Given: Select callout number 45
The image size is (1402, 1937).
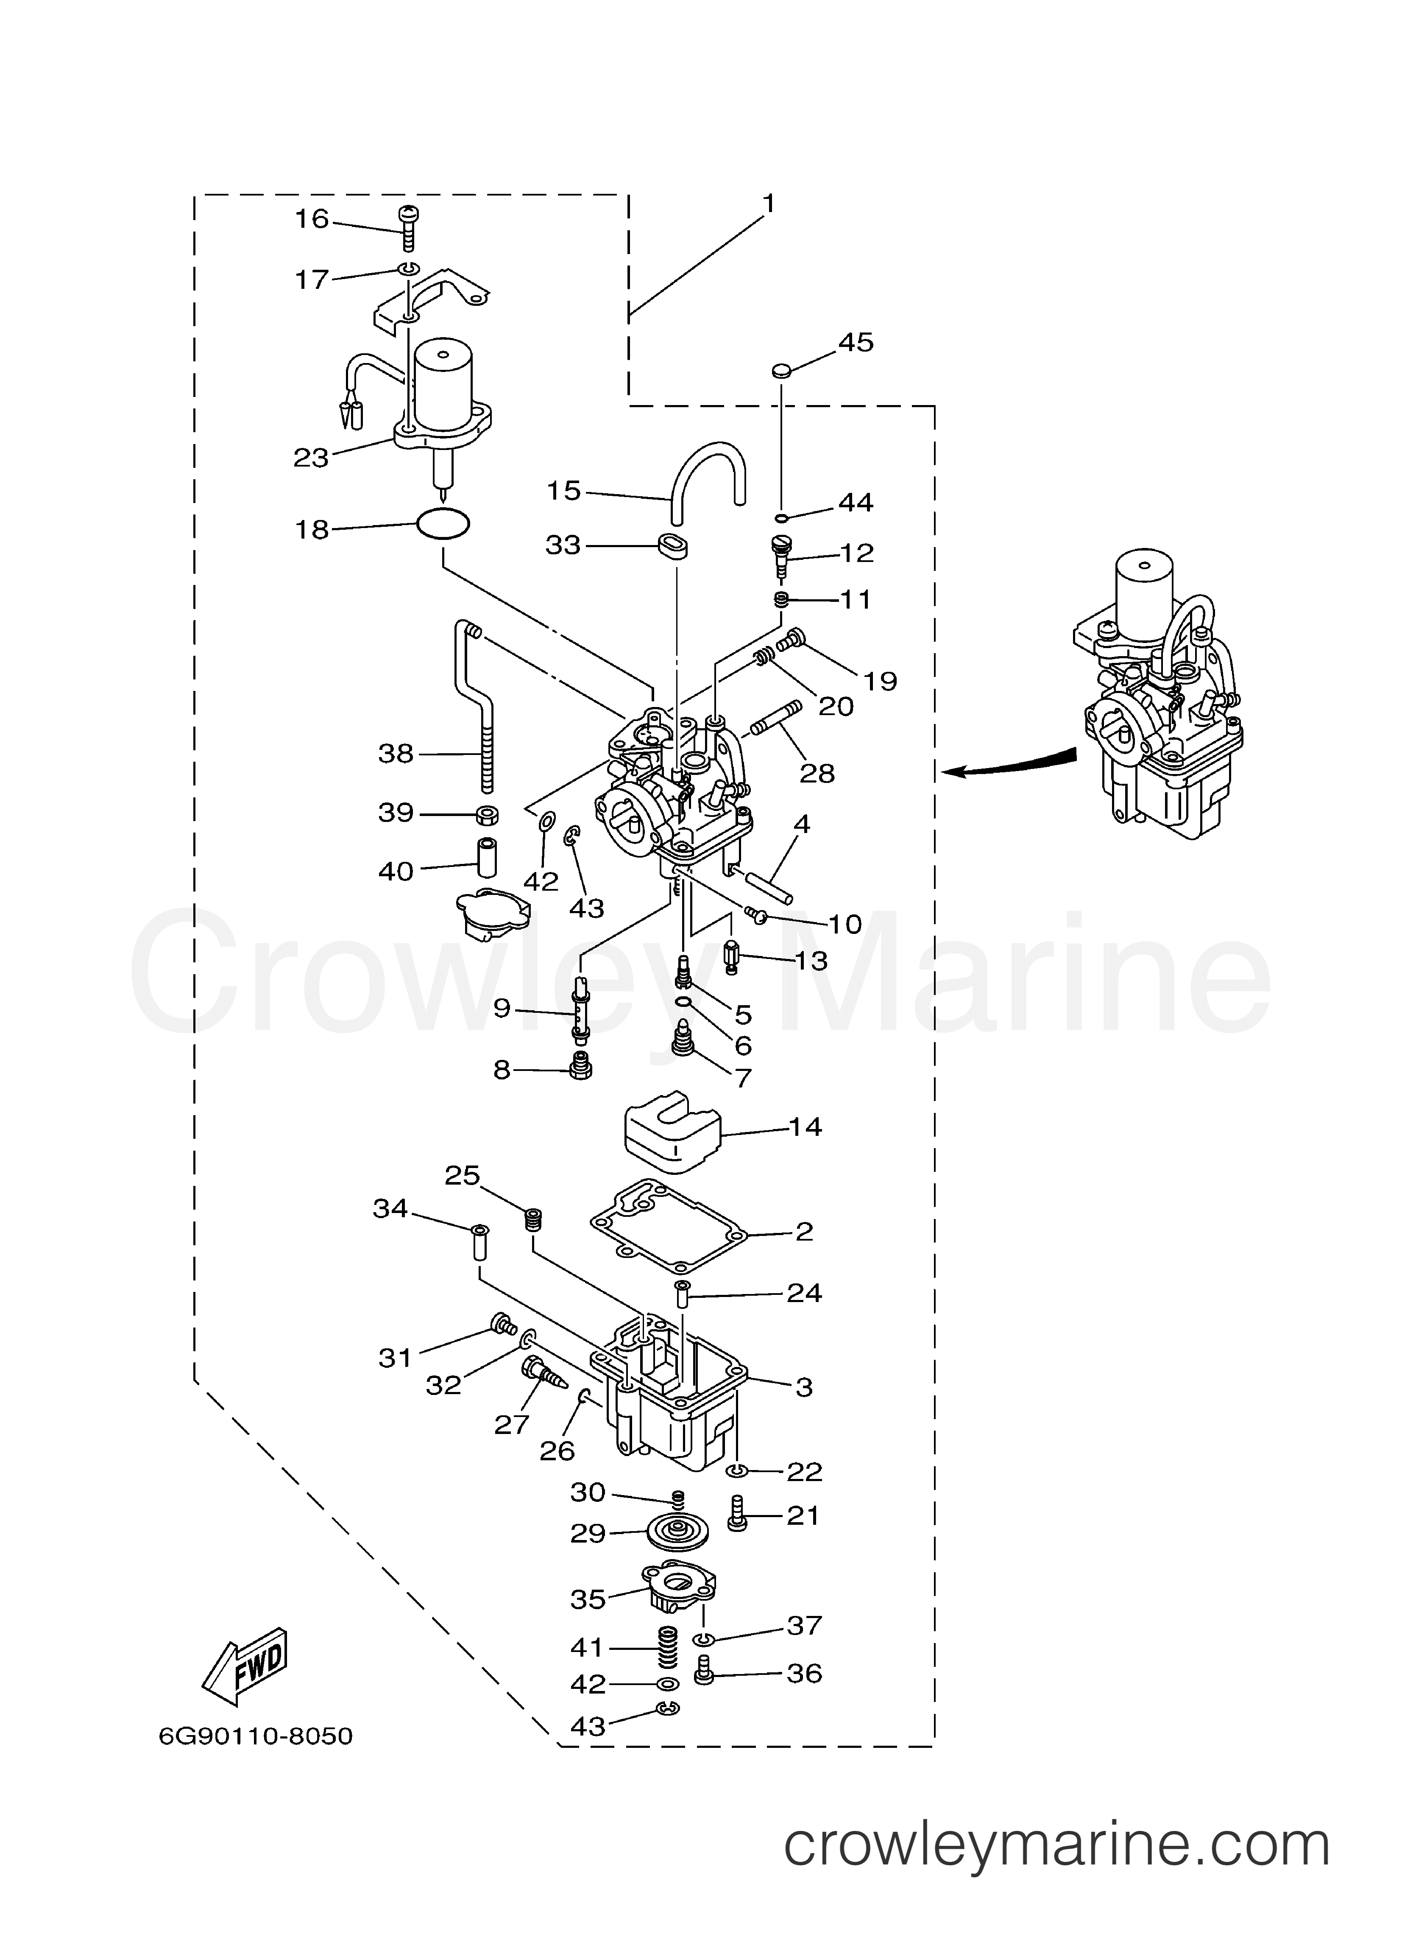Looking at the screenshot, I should [x=856, y=342].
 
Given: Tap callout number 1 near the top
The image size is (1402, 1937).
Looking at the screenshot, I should [x=769, y=203].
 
